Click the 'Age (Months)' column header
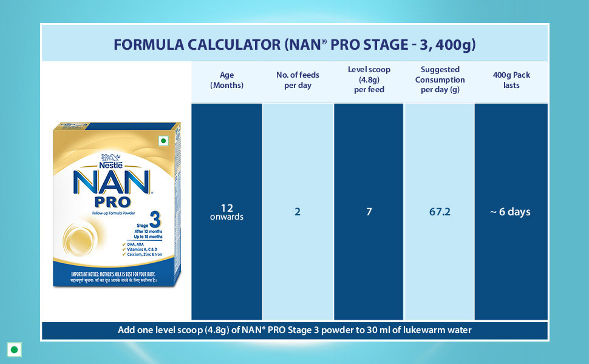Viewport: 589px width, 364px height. coord(226,80)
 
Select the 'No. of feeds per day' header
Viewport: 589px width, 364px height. coord(298,80)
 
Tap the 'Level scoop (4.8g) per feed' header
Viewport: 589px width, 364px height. coord(369,79)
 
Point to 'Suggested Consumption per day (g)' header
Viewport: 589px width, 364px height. coord(440,79)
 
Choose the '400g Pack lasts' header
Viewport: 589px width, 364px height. coord(511,80)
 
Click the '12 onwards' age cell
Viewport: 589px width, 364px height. coord(226,212)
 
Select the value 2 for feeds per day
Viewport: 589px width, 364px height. coord(298,212)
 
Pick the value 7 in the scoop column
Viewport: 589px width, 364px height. coord(369,212)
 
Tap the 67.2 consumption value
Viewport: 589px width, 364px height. coord(440,212)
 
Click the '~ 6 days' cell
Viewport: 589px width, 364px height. coord(511,212)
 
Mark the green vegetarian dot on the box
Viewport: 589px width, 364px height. coord(163,141)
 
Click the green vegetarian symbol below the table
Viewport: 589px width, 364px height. coord(14,349)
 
